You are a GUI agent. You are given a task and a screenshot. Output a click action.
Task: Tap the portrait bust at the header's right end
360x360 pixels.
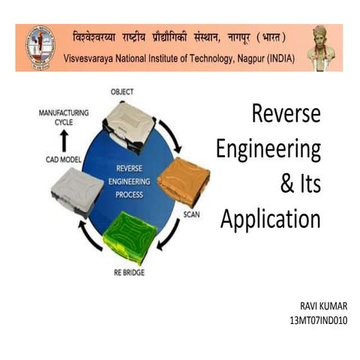pyautogui.click(x=322, y=48)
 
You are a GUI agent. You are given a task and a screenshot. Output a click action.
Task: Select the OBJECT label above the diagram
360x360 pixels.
pyautogui.click(x=122, y=91)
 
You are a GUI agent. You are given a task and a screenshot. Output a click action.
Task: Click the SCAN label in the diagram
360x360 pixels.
pyautogui.click(x=191, y=214)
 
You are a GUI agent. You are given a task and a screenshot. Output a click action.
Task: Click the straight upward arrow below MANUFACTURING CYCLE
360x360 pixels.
pyautogui.click(x=64, y=140)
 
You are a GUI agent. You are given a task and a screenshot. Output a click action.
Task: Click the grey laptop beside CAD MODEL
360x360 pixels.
pyautogui.click(x=76, y=192)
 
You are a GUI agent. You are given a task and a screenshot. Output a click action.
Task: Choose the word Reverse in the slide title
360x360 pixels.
pyautogui.click(x=286, y=114)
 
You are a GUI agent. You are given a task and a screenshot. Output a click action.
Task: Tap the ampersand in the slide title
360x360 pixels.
pyautogui.click(x=288, y=184)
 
